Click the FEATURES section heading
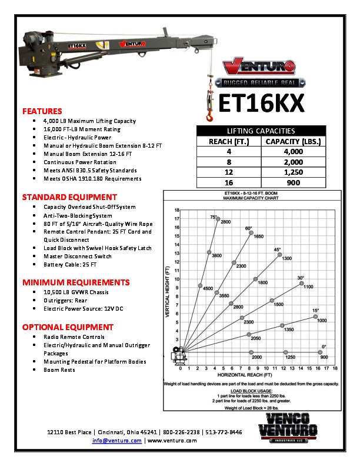click(x=42, y=111)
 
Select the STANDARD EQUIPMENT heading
click(x=69, y=197)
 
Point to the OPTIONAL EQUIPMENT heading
click(x=68, y=327)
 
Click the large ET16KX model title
click(x=261, y=104)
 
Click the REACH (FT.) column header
click(x=229, y=141)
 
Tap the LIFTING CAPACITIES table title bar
click(x=261, y=131)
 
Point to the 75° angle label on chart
click(x=214, y=217)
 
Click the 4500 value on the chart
click(x=208, y=289)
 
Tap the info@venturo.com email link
click(x=117, y=440)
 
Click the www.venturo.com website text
click(x=172, y=440)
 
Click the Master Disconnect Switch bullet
click(x=77, y=257)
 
